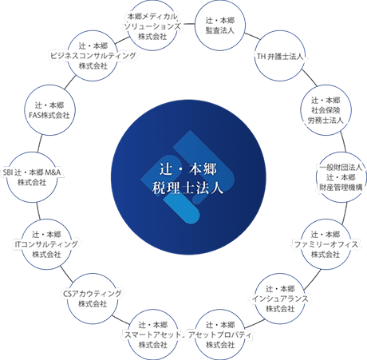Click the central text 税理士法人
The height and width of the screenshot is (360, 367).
(187, 188)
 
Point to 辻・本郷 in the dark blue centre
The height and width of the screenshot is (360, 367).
(188, 169)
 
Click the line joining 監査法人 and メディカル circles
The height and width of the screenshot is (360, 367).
(186, 24)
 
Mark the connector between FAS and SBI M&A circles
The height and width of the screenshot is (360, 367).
(39, 144)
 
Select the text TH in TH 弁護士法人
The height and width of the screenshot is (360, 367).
(262, 57)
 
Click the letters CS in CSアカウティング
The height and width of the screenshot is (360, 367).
(67, 294)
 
